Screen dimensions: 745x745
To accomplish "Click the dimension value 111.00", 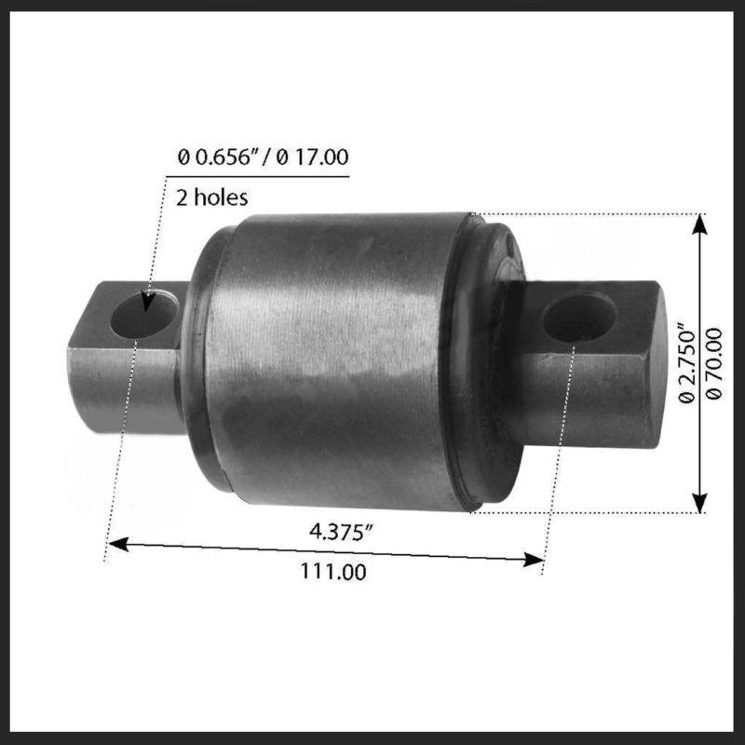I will click(x=332, y=572).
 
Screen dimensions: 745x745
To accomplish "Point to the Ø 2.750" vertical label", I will click(x=686, y=363).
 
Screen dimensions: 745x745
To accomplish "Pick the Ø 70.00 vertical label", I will click(x=714, y=363).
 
